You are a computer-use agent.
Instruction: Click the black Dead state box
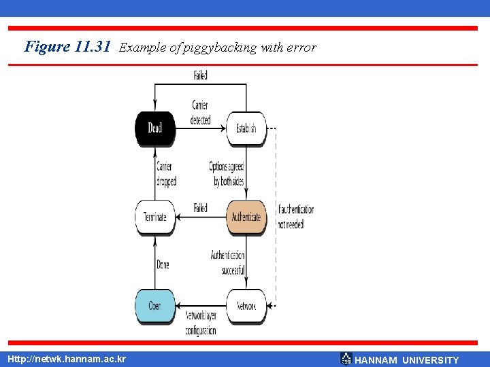[x=155, y=128]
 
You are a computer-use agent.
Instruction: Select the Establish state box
[x=246, y=128]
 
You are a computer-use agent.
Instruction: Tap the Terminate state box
[x=155, y=217]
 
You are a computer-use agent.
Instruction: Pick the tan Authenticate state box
[x=246, y=217]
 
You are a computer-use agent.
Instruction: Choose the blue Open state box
[x=155, y=306]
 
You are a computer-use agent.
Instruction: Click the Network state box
[x=246, y=306]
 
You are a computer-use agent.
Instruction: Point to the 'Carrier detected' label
[x=200, y=113]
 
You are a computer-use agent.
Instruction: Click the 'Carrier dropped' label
[x=165, y=174]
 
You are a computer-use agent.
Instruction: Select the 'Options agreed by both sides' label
[x=227, y=174]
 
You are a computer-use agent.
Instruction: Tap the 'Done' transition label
[x=163, y=264]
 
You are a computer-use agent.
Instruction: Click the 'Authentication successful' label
[x=227, y=263]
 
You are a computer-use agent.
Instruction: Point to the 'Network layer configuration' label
[x=201, y=323]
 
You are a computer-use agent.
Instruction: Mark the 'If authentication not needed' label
[x=295, y=217]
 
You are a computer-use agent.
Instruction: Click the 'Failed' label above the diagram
[x=200, y=76]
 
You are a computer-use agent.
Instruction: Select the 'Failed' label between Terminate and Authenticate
[x=200, y=208]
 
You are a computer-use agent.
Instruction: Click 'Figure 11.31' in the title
[x=67, y=47]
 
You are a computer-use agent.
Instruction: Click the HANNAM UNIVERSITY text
[x=407, y=360]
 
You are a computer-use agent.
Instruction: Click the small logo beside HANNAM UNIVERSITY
[x=346, y=358]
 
